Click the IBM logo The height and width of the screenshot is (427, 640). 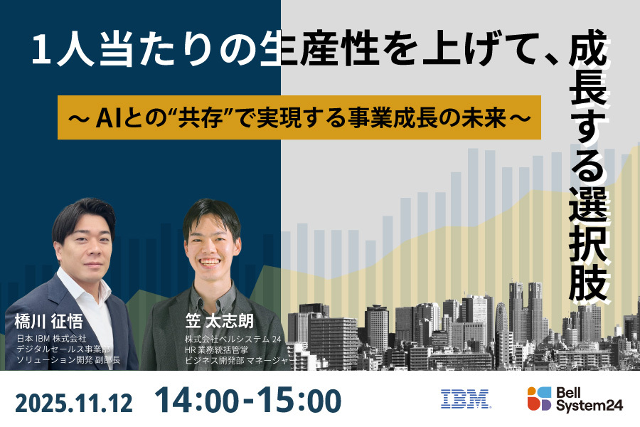point(465,399)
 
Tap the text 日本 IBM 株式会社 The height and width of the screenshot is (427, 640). point(51,337)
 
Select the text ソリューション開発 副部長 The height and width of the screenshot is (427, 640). point(68,361)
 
